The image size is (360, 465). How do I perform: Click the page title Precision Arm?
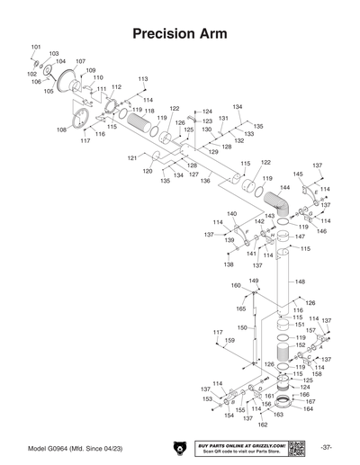[179, 34]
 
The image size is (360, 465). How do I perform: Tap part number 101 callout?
[36, 46]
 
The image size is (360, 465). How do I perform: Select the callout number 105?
[49, 91]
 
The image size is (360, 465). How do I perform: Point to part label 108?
[61, 130]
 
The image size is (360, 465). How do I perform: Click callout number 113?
[142, 79]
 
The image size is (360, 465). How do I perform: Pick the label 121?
[132, 157]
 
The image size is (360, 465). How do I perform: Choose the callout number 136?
[205, 182]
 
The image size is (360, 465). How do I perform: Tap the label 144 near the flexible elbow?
[284, 188]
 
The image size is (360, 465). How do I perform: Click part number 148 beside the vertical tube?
[300, 282]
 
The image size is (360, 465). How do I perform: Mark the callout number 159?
[229, 341]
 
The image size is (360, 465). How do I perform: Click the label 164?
[309, 409]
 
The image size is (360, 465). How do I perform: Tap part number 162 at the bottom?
[263, 425]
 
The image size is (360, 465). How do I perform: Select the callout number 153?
[207, 398]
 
